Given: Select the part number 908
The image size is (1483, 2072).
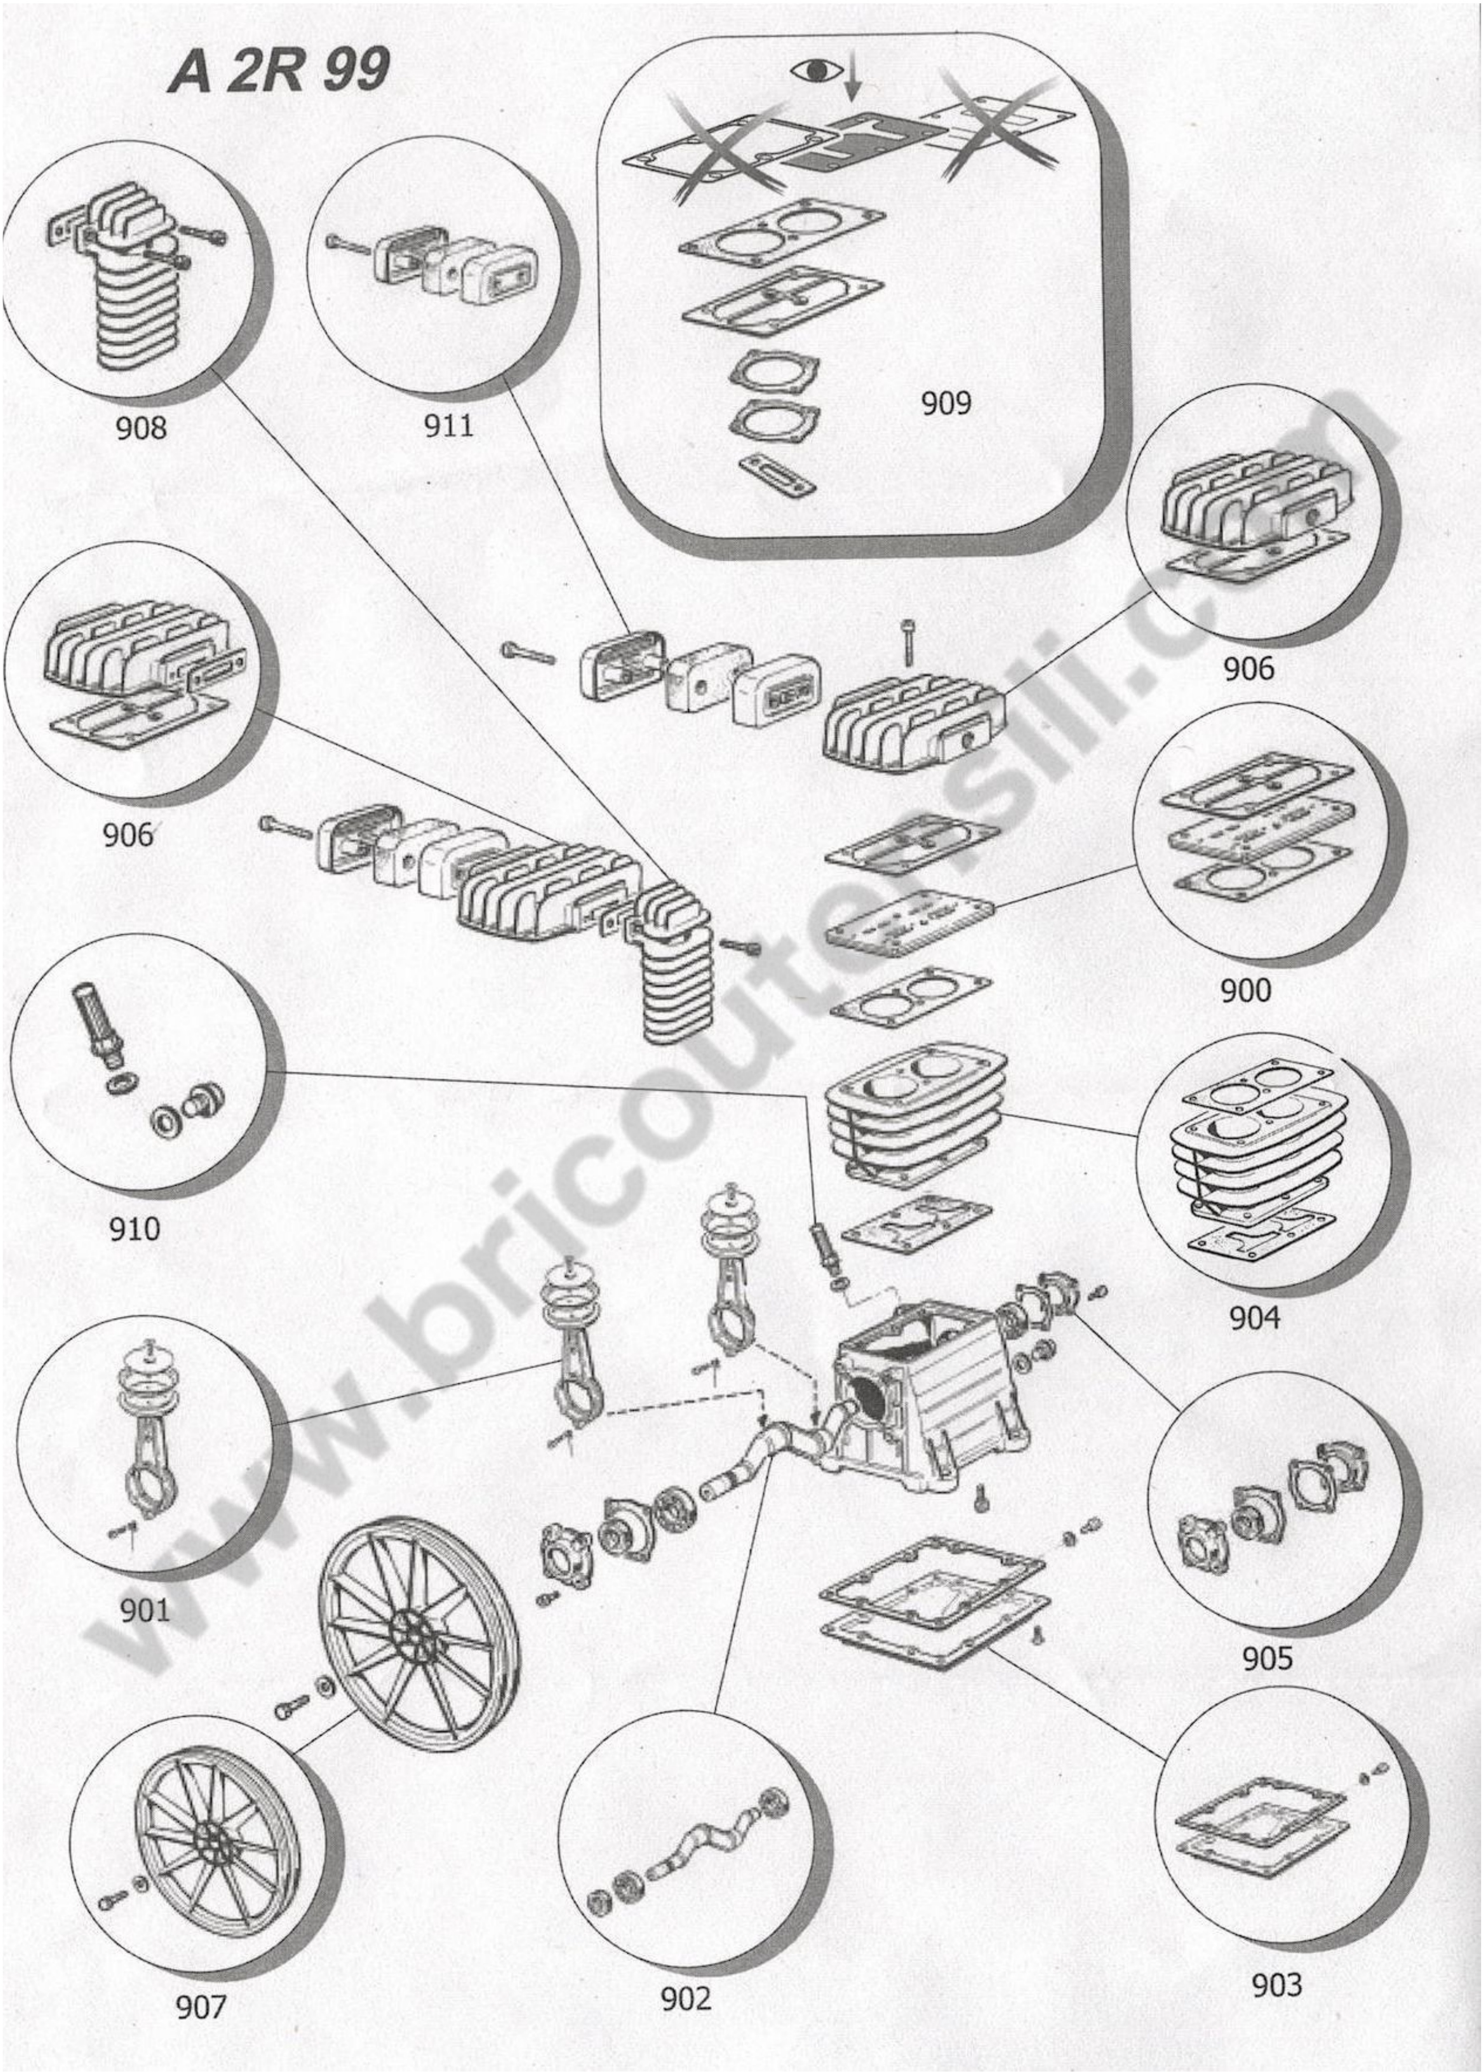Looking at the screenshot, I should click(141, 428).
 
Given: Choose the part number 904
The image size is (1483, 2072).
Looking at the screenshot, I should click(1254, 1318).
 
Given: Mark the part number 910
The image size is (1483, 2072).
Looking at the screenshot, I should click(134, 1229).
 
